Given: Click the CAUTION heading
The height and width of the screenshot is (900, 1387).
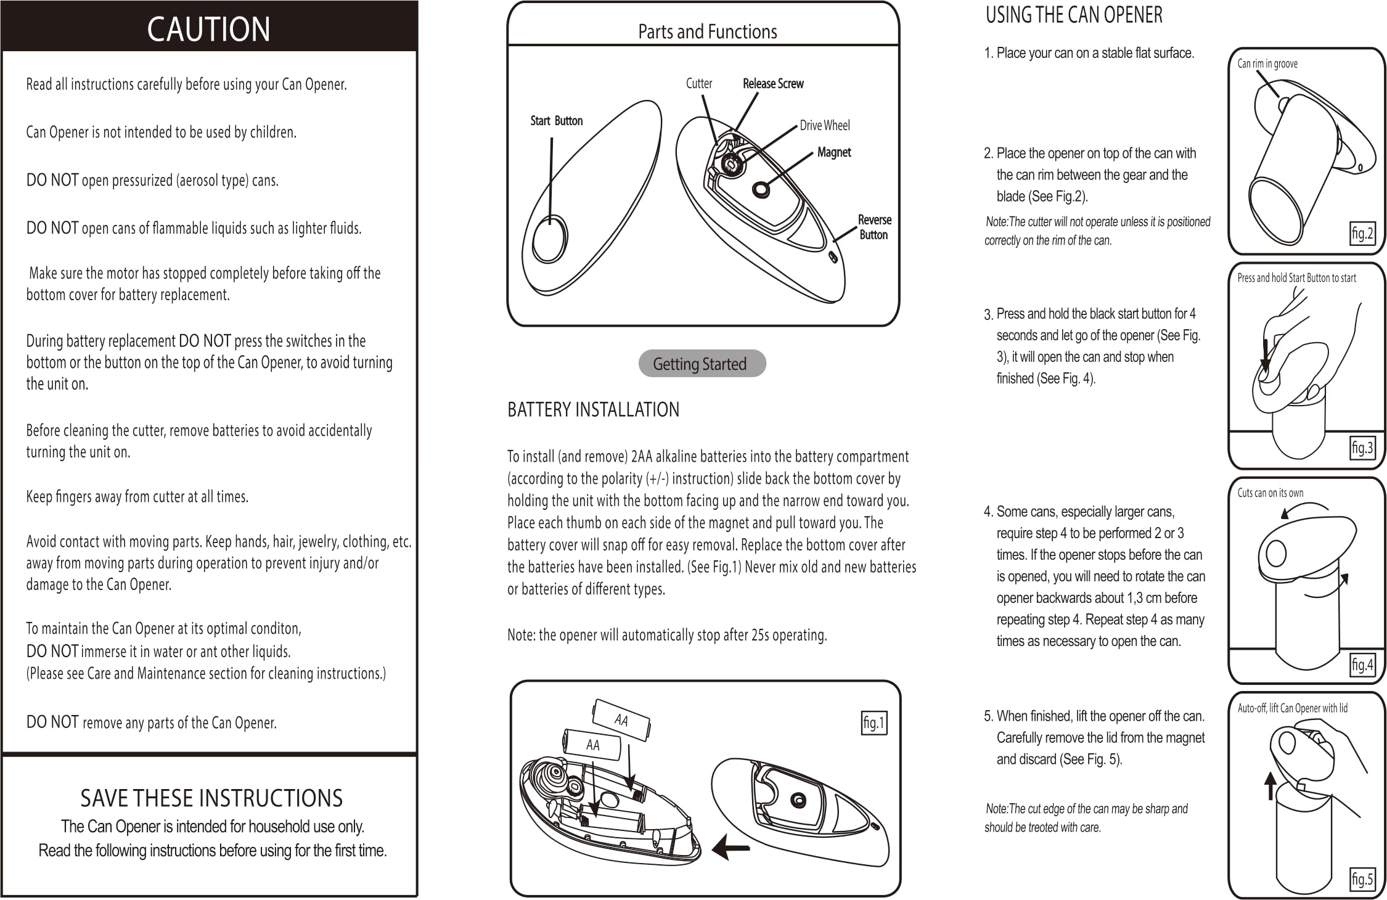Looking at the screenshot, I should coord(208,29).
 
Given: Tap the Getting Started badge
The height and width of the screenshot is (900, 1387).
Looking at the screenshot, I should coord(702,364).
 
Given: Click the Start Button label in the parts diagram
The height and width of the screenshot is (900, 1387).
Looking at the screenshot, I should coord(556,121).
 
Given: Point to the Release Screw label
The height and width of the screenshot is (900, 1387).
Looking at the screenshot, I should coord(773,83).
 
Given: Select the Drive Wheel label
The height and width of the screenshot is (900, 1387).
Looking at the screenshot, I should coord(824,125).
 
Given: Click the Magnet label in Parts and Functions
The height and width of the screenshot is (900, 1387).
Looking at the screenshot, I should coord(833,152).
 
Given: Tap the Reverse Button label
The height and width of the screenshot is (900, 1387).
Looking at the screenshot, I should coord(874,227).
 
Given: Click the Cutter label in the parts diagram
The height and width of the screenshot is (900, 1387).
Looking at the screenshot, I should coord(698,83).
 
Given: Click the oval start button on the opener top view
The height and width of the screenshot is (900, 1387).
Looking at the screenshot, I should coord(549,239).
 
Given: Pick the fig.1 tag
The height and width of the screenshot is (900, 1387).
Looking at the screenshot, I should coord(874,722).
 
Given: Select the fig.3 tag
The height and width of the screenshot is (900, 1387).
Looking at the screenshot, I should coord(1362,448).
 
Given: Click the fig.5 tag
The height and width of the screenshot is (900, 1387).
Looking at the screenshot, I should coord(1362,878).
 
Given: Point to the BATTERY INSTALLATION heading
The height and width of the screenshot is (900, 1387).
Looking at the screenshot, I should coord(593,409).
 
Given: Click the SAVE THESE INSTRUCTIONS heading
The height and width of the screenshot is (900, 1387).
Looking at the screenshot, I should coord(211,798).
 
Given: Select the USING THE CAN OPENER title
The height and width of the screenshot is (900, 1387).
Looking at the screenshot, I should coord(1074,15).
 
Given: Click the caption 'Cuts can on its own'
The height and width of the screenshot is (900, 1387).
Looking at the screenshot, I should coord(1270,493).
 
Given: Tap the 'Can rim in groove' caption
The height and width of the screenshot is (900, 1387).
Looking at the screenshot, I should coord(1267,63).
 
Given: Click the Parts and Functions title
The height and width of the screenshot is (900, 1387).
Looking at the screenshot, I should coord(707,31).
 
